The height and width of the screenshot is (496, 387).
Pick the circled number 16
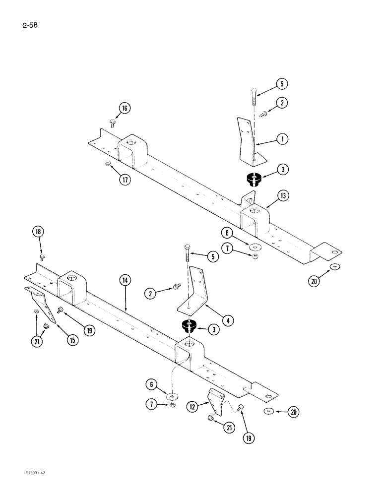coord(124,109)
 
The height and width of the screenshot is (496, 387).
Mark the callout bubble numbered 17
coord(125,180)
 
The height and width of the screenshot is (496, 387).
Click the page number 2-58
coord(30,23)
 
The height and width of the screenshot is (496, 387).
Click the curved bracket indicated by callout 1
coord(248,140)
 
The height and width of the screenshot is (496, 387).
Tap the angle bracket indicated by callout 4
coord(198,293)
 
